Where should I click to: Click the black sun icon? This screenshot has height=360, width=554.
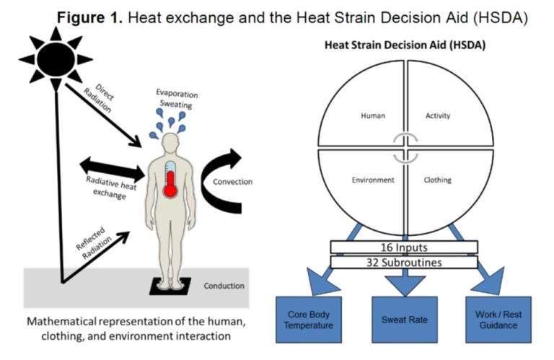coord(56,59)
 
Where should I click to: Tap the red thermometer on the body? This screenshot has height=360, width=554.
coord(170,180)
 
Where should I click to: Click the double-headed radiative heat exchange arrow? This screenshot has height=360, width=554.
coord(113,170)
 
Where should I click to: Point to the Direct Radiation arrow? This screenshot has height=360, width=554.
coord(103,115)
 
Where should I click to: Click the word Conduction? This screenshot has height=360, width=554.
coord(224,286)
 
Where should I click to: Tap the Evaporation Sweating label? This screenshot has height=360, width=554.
coord(177,100)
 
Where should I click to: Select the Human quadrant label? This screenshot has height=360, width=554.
coord(373,115)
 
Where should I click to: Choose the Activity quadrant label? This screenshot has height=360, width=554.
coord(438,115)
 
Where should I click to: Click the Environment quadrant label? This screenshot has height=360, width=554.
coord(373,180)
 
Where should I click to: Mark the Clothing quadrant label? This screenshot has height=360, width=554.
coord(437,180)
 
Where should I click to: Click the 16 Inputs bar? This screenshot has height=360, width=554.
coord(404,247)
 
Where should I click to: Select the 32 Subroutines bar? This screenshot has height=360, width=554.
coord(404,263)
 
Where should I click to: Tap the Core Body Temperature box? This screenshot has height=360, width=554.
coord(309,320)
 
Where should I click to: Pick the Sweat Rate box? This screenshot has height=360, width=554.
coord(405,320)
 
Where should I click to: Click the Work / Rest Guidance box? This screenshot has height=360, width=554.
coord(498,320)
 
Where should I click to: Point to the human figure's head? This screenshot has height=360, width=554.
coord(171,142)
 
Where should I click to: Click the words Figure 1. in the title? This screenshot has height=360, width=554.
coord(89,17)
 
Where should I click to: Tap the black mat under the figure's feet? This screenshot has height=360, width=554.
coord(170,286)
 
